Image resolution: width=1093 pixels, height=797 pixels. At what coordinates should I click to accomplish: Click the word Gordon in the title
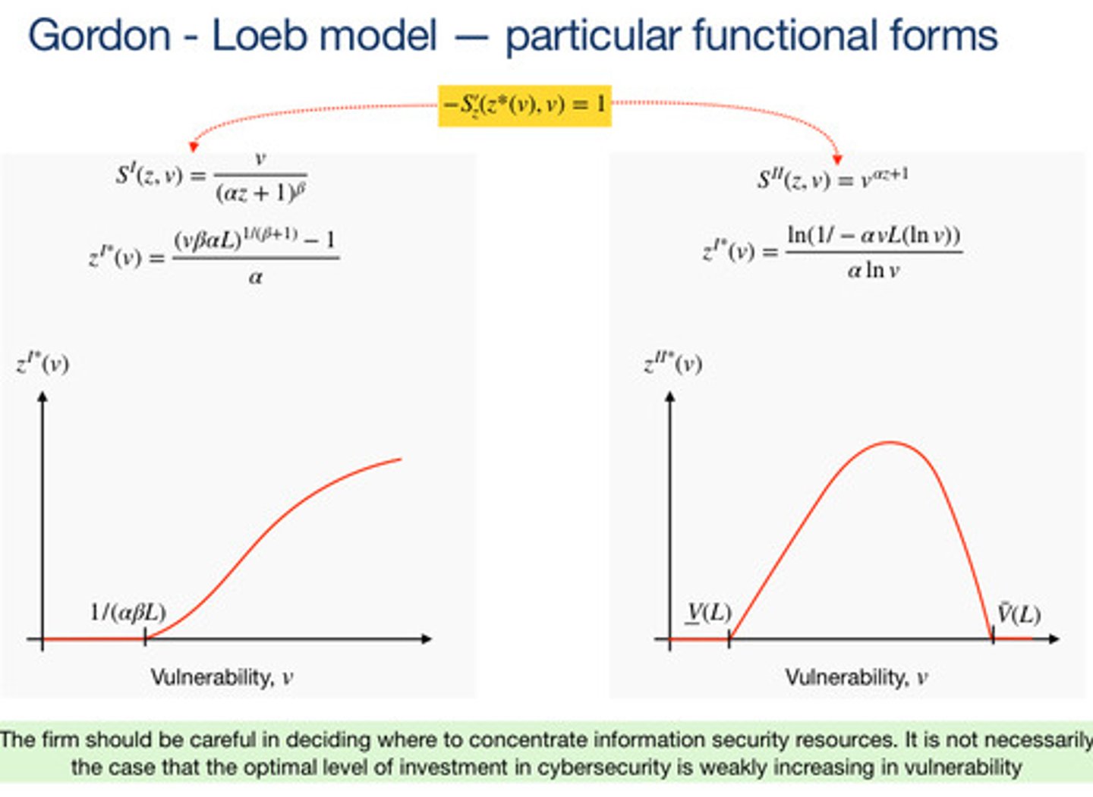(99, 36)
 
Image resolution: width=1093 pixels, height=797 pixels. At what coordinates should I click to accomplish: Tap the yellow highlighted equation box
(524, 105)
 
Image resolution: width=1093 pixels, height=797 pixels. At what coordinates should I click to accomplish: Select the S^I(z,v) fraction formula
(212, 178)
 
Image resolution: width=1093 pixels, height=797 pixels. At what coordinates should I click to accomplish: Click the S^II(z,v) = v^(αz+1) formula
(833, 179)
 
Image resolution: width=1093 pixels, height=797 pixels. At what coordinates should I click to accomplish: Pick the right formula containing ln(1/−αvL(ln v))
(832, 252)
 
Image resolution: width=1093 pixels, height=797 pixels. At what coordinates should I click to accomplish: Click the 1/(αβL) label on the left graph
(128, 612)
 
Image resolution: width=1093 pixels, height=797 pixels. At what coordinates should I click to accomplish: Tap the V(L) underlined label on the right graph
(709, 613)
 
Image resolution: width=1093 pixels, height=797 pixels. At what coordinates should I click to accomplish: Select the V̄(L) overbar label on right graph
(1018, 613)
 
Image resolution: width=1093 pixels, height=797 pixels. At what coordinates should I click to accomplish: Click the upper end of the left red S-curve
(399, 460)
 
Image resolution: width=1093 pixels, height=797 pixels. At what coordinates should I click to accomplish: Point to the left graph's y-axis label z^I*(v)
(43, 363)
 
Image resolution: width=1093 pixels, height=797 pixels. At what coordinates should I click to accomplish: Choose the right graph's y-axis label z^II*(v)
(673, 364)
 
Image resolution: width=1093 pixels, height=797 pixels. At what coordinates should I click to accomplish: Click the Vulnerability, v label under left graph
(222, 676)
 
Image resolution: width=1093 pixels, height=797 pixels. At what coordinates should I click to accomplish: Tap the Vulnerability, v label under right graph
(856, 676)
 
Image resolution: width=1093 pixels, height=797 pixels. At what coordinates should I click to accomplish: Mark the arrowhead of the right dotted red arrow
(837, 159)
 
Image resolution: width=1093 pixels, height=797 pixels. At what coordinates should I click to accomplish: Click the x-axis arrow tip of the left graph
(429, 639)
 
